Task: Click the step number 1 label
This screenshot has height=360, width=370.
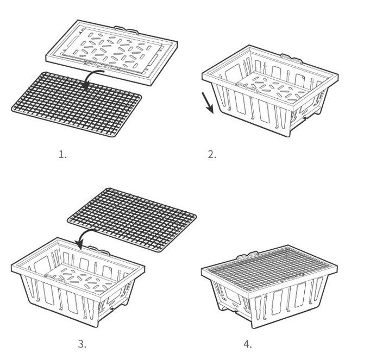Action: coord(62,155)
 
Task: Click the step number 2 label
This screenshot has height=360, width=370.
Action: coord(212,155)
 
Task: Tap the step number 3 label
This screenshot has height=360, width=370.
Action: coord(82,344)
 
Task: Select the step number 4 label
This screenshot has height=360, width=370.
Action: coord(248,344)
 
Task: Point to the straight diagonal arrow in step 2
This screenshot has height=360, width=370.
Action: coord(208,103)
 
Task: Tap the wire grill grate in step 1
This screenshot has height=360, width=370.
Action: coord(77,104)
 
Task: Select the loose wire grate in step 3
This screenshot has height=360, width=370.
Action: coord(132,220)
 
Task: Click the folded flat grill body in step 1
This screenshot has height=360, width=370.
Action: coord(111,52)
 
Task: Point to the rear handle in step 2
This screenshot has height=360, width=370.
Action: coord(291,59)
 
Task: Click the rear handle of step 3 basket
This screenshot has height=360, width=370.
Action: coord(99,251)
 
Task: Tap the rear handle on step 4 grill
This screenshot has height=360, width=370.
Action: coord(247,255)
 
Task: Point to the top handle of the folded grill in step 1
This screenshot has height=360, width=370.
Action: coord(126,29)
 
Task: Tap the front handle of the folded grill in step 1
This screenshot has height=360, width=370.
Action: coord(97,65)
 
